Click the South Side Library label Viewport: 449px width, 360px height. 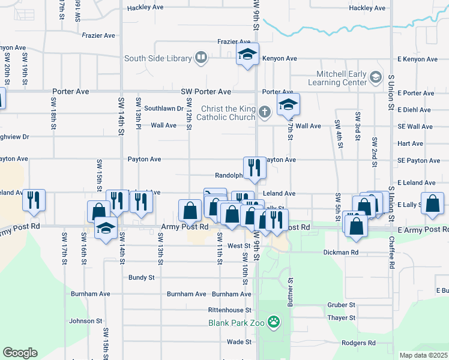158,59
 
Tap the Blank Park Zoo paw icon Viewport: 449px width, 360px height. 274,322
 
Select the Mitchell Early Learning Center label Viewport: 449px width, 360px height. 337,78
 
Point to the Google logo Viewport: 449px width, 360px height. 20,352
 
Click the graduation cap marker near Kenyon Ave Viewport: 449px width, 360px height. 247,55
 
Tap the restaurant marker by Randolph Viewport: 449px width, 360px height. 255,168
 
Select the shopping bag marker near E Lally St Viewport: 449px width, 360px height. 432,204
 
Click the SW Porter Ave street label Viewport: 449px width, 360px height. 206,92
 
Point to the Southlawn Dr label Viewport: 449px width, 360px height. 163,109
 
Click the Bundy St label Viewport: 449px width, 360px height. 142,278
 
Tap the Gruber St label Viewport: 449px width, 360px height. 342,305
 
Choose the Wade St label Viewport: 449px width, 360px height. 239,342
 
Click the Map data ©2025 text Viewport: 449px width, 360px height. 424,355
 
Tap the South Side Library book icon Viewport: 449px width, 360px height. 201,58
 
